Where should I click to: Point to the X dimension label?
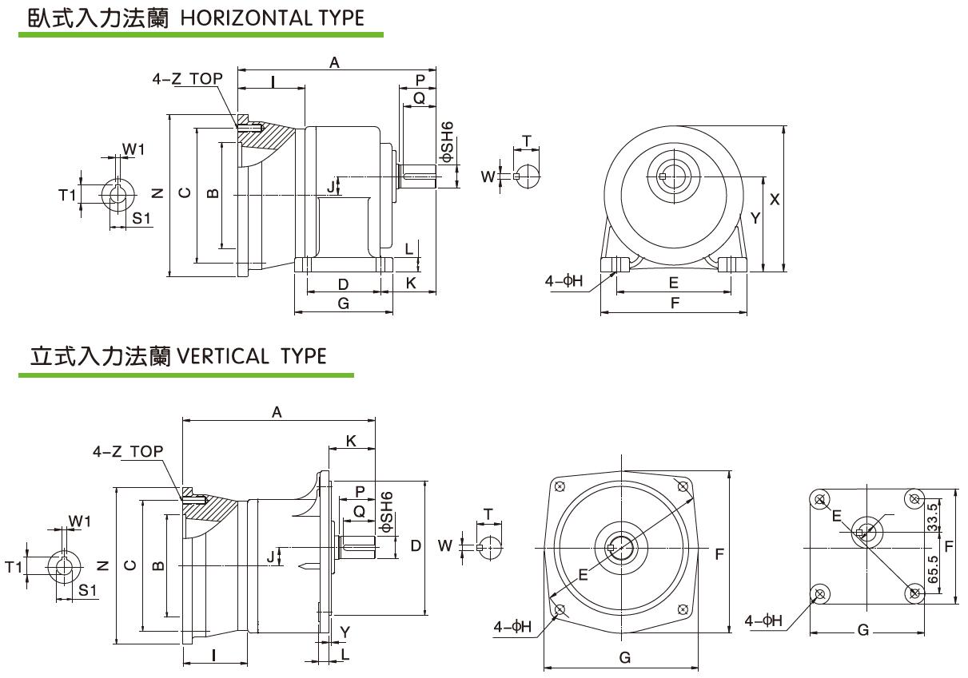pos(774,200)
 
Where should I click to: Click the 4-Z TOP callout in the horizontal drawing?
pos(188,78)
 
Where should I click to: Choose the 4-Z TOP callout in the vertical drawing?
pos(128,451)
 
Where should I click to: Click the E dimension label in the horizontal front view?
pos(673,283)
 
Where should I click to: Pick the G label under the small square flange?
pos(862,630)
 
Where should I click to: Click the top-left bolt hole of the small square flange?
pos(819,500)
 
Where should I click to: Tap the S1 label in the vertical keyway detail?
pos(87,590)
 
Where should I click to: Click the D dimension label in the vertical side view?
pos(416,546)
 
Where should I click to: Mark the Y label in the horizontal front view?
pos(754,218)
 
